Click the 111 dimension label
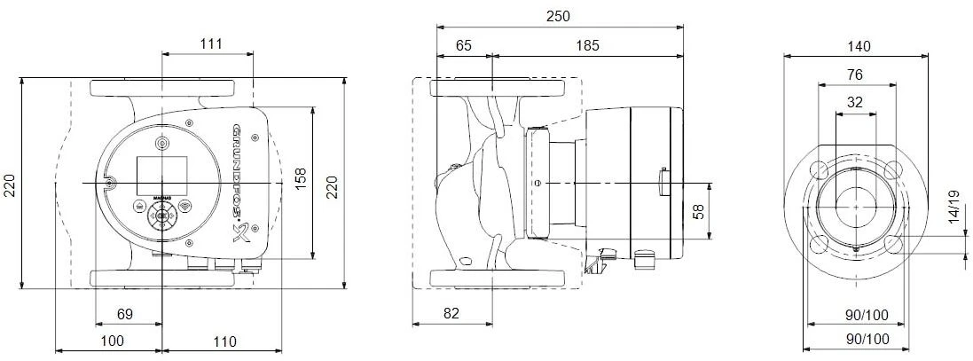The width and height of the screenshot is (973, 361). [x=209, y=43]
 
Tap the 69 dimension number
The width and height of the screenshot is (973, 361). [x=125, y=314]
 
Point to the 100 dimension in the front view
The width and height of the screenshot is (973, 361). [x=111, y=341]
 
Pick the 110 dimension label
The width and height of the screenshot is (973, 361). [x=224, y=341]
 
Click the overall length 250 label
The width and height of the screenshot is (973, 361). [x=558, y=16]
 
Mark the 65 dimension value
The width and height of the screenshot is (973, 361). [x=464, y=43]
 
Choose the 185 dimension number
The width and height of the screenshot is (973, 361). [x=587, y=43]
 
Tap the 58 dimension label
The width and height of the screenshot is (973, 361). [x=697, y=212]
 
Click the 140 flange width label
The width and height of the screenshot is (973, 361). [x=858, y=46]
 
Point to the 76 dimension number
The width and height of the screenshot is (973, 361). [x=855, y=75]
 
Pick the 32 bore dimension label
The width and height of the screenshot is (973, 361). [x=855, y=102]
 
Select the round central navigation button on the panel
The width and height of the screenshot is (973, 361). [x=162, y=215]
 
